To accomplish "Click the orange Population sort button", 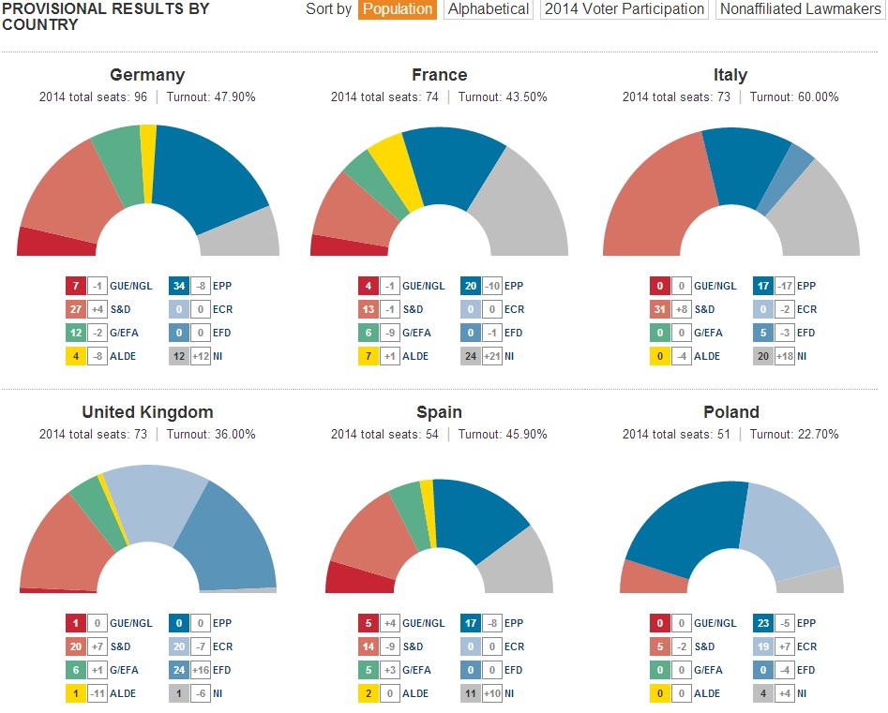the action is [397, 9].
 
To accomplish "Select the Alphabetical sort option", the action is [489, 9].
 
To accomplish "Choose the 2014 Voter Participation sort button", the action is [625, 9].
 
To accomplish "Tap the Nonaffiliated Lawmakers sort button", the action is [800, 9].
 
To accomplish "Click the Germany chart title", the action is [147, 75].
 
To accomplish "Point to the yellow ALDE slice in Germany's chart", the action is [148, 164].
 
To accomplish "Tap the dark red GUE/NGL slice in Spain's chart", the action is [359, 578].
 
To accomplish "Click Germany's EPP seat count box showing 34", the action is [179, 286].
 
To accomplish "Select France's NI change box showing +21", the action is [491, 356].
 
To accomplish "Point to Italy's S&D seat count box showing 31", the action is [660, 309].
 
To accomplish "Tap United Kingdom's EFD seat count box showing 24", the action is [179, 670].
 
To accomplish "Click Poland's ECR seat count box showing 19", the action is [763, 646].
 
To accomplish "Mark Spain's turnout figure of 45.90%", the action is [525, 434].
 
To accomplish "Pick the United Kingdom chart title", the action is [147, 412].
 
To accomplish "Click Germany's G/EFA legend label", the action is [124, 333].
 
